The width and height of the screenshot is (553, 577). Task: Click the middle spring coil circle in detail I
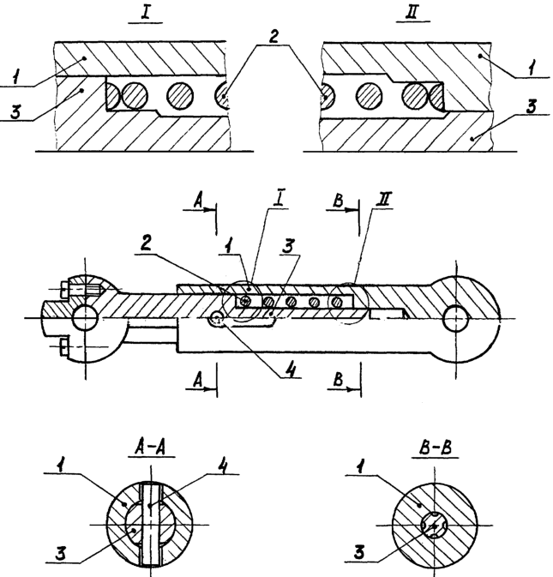pos(181,93)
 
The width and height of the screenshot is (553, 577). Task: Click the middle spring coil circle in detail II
pos(370,93)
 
